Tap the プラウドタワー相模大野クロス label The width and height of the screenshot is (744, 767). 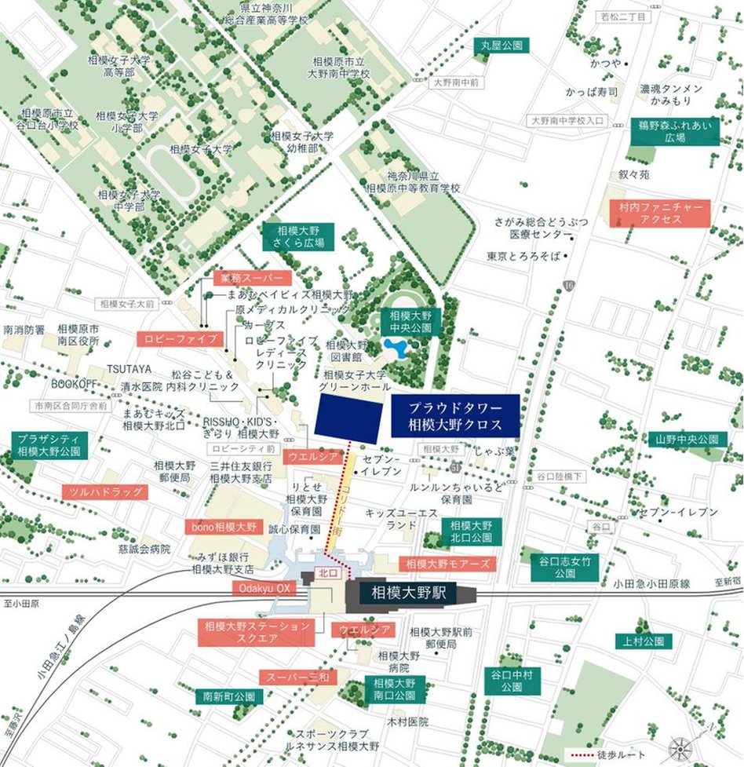(455, 416)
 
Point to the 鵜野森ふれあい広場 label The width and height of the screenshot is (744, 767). (674, 131)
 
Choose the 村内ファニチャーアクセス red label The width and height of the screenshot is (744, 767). (660, 214)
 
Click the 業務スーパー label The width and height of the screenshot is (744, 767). (252, 278)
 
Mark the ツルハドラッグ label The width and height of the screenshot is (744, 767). (104, 492)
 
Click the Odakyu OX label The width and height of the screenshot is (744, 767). (264, 589)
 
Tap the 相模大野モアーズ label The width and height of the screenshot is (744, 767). (447, 564)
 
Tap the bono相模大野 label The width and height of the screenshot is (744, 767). (224, 527)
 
